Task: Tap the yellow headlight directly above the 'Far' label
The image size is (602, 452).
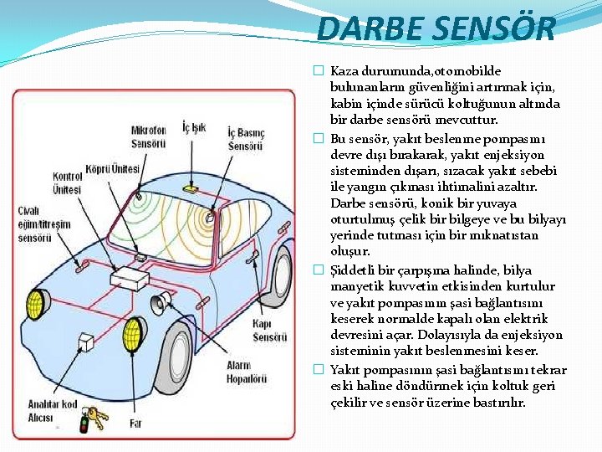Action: [131, 336]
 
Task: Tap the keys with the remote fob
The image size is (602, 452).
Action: [93, 419]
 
